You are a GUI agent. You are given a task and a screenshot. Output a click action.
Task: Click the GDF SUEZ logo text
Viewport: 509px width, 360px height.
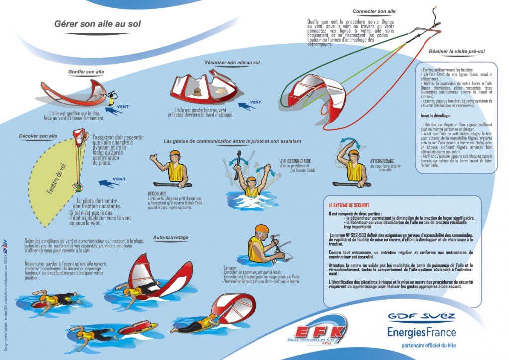coord(422,317)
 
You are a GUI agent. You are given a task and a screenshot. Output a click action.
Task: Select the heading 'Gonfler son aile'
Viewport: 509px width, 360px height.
coord(86,72)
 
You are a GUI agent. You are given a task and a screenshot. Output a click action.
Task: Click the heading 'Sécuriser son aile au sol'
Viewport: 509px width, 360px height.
coord(233,63)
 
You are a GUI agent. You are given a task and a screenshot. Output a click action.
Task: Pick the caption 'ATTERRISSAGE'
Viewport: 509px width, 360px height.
coord(382,161)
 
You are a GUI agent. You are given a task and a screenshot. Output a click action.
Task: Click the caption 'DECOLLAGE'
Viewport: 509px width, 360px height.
coord(157,193)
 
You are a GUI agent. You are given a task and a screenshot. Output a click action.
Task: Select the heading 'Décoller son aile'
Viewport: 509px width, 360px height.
coord(38,136)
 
